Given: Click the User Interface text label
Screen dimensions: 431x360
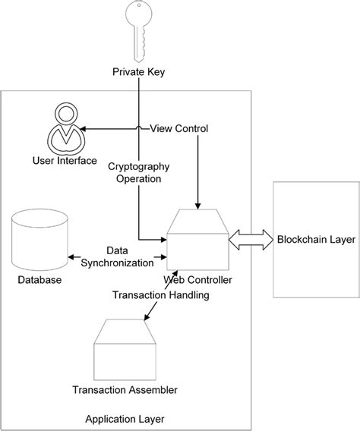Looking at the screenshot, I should point(65,160).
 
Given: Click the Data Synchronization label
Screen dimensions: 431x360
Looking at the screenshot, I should point(117,256).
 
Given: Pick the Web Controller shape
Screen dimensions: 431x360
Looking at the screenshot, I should point(196,241).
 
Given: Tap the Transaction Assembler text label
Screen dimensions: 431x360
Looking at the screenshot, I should point(125,390).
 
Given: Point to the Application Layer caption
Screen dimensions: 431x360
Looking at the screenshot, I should point(125,418).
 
